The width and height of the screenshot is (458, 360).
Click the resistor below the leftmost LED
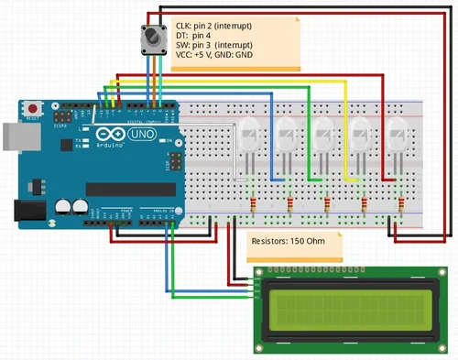click(254, 203)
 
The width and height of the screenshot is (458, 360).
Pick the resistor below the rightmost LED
click(401, 203)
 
